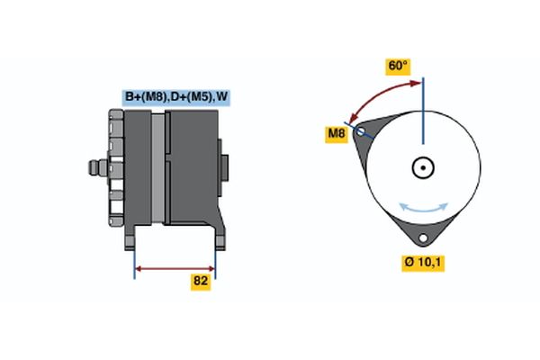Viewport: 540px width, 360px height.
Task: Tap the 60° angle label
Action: [397, 66]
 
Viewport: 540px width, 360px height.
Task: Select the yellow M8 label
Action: [336, 135]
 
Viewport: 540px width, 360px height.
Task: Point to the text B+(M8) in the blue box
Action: [145, 97]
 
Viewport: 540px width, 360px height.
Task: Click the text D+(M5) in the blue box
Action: [189, 97]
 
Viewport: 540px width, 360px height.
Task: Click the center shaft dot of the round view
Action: [422, 167]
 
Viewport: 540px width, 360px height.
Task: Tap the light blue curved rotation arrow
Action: [423, 208]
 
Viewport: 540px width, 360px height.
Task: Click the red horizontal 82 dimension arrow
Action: [175, 267]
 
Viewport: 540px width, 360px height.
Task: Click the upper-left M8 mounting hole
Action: [362, 131]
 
